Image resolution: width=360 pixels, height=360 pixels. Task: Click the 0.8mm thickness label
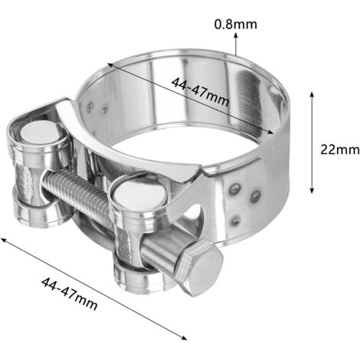click(235, 24)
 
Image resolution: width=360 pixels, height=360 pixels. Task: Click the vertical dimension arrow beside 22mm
click(311, 142)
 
